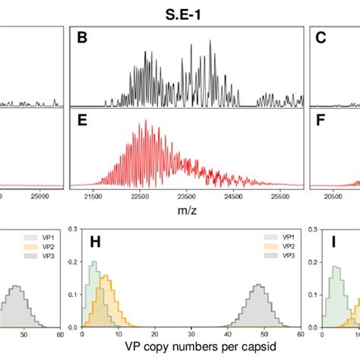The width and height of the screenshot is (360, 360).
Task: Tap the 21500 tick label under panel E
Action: pyautogui.click(x=92, y=196)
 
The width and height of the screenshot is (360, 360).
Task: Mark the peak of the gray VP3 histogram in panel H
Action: pyautogui.click(x=259, y=286)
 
